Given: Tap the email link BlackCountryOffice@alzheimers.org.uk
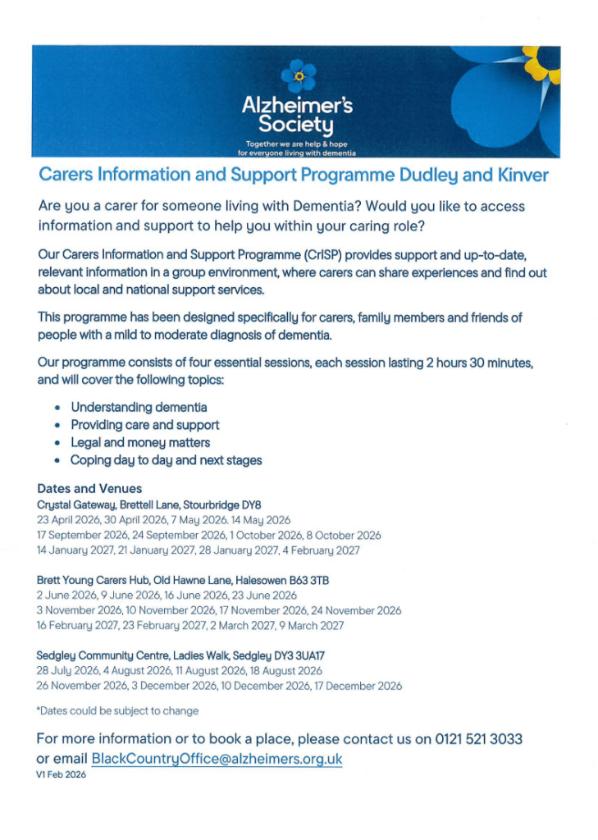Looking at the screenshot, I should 217,759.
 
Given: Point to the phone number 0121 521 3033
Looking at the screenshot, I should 479,739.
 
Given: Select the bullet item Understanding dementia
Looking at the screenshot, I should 139,407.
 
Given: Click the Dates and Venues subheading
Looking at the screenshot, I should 89,488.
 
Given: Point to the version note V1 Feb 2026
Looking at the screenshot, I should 62,774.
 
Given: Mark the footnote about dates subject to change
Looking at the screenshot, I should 117,710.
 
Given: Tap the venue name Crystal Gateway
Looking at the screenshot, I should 76,504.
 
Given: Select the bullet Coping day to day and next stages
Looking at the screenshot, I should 166,460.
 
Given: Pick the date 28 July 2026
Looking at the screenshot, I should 65,671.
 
